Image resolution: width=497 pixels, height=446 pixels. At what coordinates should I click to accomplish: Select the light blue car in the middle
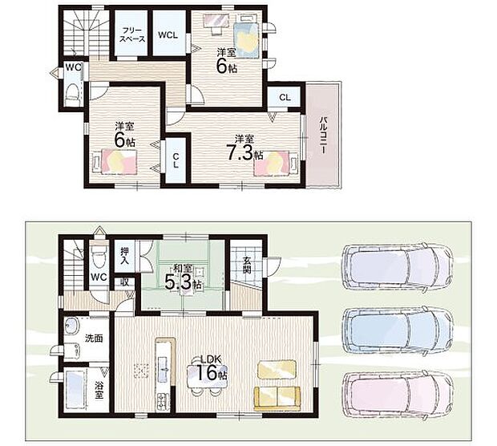(x=398, y=330)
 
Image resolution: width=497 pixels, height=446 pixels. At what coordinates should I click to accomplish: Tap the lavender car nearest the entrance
(x=398, y=266)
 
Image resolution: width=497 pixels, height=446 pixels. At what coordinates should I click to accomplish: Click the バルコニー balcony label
(x=323, y=135)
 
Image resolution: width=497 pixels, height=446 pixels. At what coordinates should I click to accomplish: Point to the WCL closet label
(x=168, y=35)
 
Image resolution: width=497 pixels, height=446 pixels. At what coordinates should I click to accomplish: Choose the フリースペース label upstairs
(x=133, y=34)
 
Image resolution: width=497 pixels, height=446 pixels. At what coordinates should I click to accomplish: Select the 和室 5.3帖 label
(x=183, y=278)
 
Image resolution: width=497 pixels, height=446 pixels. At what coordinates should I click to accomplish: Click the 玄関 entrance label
(x=247, y=265)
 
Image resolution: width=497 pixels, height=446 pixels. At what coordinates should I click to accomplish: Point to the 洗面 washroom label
(x=94, y=339)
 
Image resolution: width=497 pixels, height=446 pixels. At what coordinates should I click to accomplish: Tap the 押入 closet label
(x=124, y=256)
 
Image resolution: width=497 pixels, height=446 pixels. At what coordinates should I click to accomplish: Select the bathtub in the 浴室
(x=75, y=390)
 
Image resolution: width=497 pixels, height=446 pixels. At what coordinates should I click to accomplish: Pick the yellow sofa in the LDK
(x=277, y=399)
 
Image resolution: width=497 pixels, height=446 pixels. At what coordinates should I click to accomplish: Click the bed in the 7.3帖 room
(x=276, y=163)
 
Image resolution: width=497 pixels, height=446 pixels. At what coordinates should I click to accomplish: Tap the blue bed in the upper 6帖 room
(x=246, y=37)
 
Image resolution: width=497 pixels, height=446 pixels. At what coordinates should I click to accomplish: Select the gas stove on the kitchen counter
(x=163, y=400)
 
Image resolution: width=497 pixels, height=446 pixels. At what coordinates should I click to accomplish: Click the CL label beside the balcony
(x=285, y=97)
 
